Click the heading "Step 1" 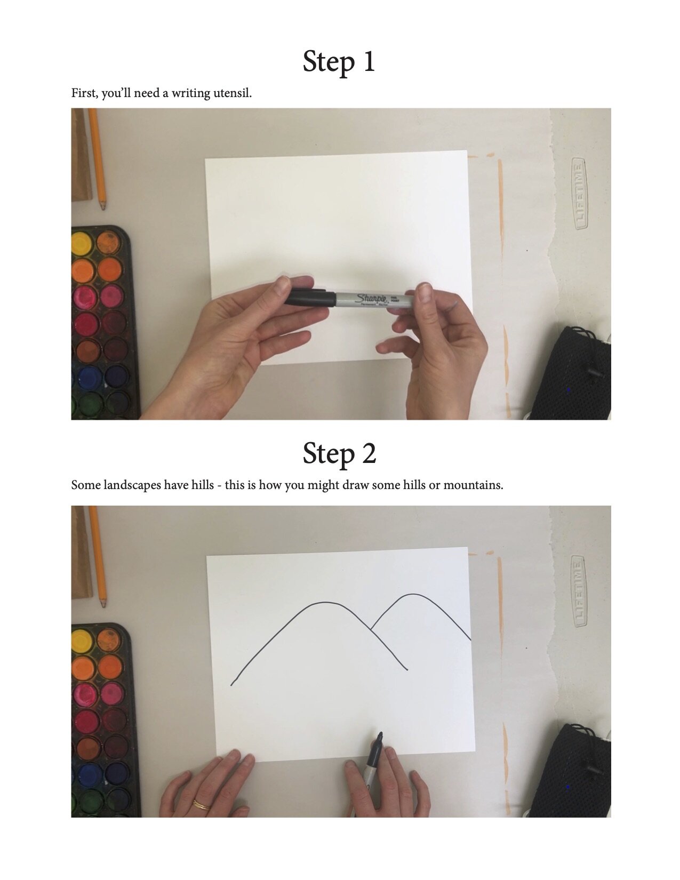339,61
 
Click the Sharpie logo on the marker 372,299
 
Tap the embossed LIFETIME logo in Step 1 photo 580,194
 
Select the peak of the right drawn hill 413,594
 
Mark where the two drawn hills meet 371,630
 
